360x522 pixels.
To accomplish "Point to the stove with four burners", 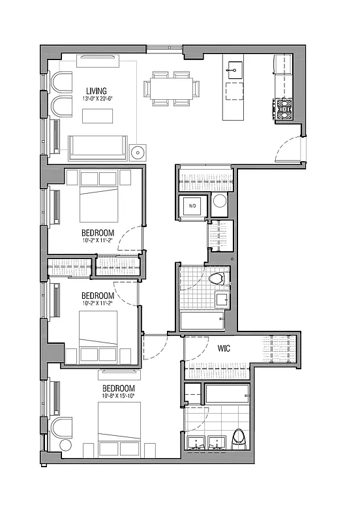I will pos(285,108).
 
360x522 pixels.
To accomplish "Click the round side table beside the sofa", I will pos(138,153).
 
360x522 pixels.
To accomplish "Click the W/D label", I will pos(193,207).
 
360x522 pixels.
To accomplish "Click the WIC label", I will pos(225,349).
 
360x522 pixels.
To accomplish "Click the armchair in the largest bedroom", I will pos(61,427).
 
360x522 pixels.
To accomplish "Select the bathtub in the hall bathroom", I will pos(202,321).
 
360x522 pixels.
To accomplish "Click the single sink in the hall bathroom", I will pos(222,300).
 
